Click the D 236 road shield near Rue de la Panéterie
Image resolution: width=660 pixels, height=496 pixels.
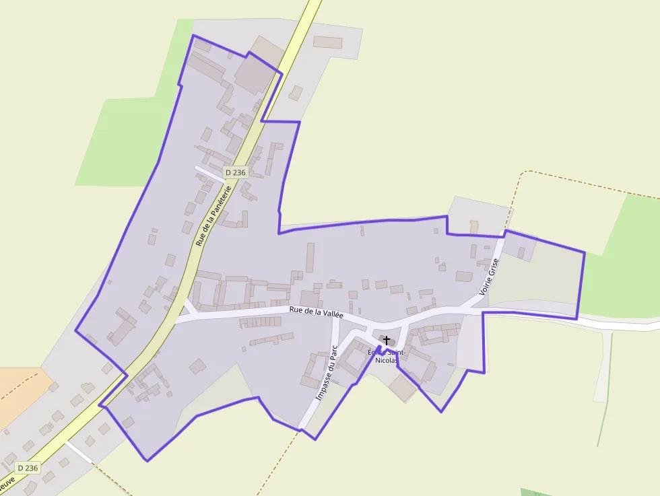[x=236, y=172]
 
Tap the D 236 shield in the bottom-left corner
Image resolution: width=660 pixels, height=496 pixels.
[x=28, y=468]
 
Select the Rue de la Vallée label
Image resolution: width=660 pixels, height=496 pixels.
[x=317, y=312]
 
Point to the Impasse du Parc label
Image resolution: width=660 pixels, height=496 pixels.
[x=326, y=374]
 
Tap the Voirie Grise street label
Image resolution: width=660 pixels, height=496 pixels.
[x=488, y=278]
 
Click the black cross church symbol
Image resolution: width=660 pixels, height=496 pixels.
[x=387, y=341]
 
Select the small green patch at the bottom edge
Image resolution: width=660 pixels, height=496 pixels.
[x=536, y=492]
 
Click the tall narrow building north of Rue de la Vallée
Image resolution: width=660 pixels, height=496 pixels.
[x=310, y=257]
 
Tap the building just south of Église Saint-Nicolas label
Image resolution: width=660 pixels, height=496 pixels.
[x=403, y=388]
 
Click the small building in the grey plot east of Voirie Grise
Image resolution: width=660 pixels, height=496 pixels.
[x=521, y=252]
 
